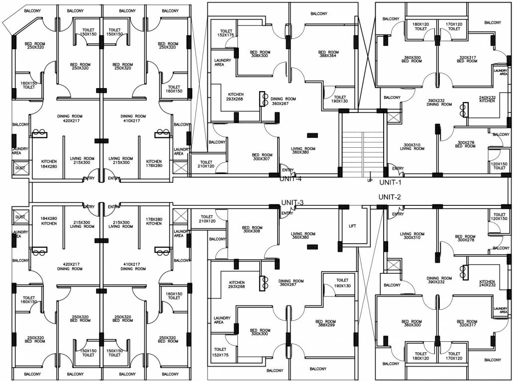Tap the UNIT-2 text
[390, 197]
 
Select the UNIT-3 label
[292, 202]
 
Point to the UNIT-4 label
[291, 179]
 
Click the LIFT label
[352, 226]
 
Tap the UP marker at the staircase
[369, 180]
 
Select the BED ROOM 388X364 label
[328, 54]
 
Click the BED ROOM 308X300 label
[259, 54]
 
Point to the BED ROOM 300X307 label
[262, 157]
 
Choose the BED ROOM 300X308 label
[253, 230]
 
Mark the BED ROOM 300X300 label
[260, 332]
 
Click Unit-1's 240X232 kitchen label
[487, 99]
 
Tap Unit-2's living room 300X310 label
[412, 236]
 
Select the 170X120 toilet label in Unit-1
[454, 26]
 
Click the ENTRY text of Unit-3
[287, 213]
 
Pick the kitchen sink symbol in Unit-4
[264, 99]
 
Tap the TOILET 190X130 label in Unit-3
[342, 283]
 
